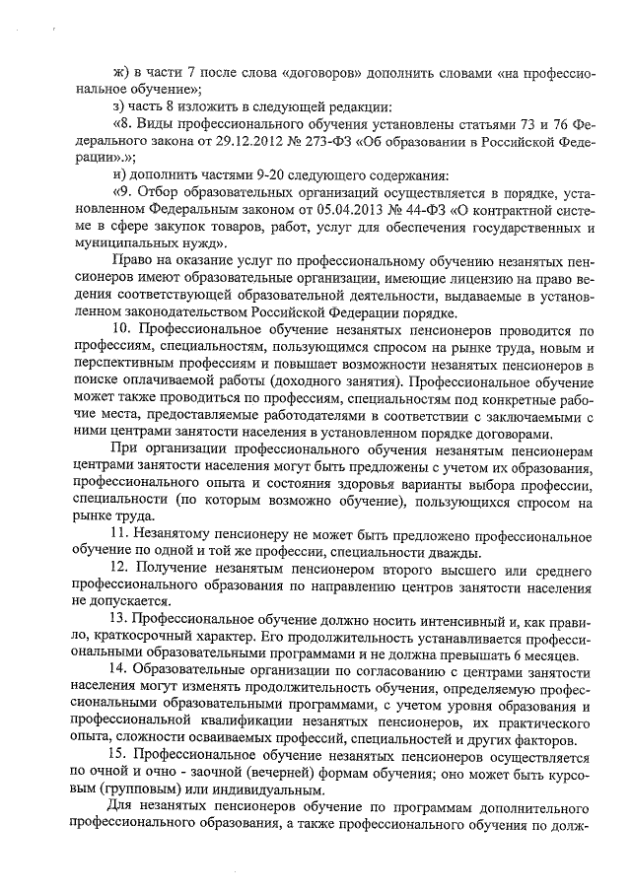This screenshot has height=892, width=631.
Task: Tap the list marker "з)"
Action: pos(120,106)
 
